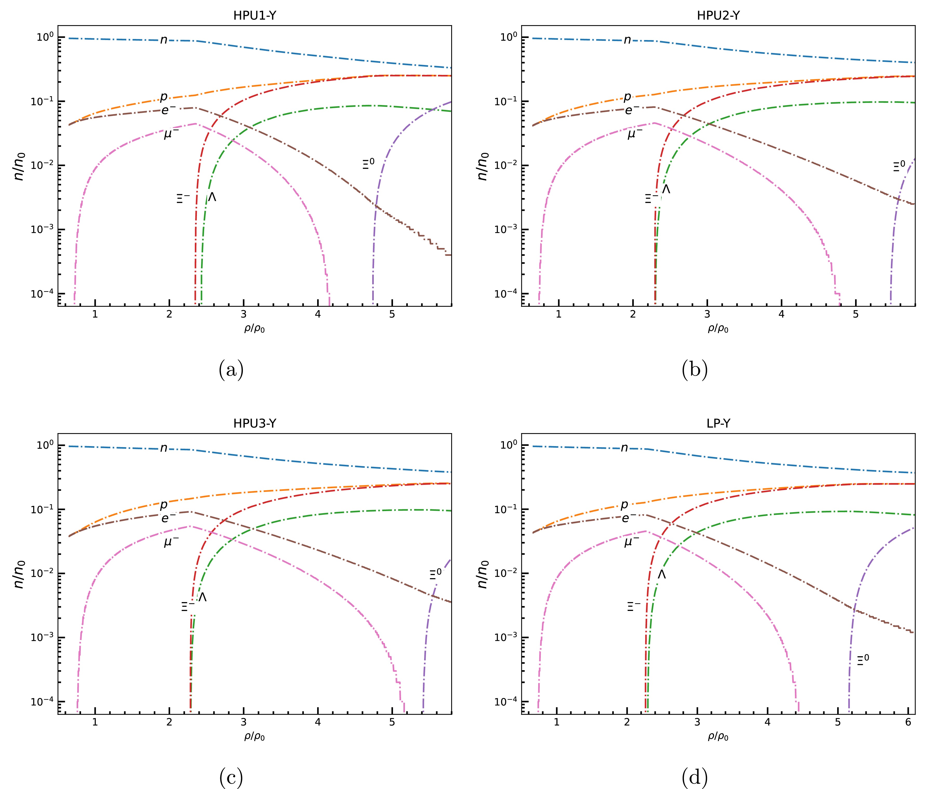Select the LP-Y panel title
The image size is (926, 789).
click(x=718, y=423)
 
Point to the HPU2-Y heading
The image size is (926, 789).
click(x=718, y=16)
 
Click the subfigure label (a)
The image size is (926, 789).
click(x=231, y=370)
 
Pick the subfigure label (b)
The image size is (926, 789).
click(x=695, y=370)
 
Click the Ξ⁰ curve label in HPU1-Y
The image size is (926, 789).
click(x=368, y=164)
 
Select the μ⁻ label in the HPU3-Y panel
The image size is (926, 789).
click(x=171, y=542)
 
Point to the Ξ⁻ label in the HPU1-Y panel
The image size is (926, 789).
click(x=183, y=198)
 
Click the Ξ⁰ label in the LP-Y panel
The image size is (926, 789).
click(x=863, y=660)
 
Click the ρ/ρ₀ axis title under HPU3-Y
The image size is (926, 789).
click(x=254, y=736)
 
